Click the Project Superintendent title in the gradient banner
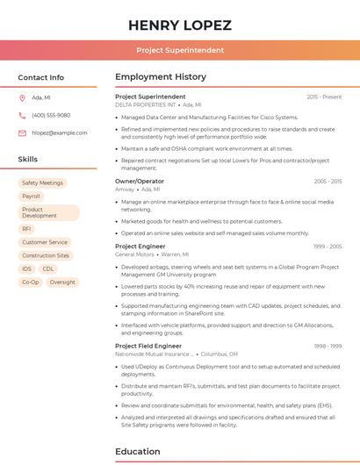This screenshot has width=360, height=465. (x=180, y=50)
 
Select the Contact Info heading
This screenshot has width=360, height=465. (x=41, y=77)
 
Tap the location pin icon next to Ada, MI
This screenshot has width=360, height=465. (x=22, y=97)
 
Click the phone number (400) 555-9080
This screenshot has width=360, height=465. (x=51, y=115)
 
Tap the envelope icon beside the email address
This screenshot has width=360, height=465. (x=22, y=132)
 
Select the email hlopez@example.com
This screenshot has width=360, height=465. (x=60, y=132)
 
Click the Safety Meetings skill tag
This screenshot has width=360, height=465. (x=42, y=183)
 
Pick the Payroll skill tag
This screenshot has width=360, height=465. (x=32, y=197)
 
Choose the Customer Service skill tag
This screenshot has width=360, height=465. (x=45, y=242)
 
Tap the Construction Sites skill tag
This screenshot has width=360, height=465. (x=46, y=255)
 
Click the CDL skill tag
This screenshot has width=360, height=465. (x=48, y=268)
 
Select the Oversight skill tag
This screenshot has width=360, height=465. (x=62, y=282)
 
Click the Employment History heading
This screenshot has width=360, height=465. (x=161, y=77)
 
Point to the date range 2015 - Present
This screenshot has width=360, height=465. (x=324, y=97)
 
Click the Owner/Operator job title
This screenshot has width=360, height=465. (x=140, y=181)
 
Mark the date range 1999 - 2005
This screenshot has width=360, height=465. (x=328, y=247)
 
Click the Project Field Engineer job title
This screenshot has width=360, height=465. (x=148, y=346)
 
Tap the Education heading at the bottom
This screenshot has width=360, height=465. (x=138, y=452)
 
